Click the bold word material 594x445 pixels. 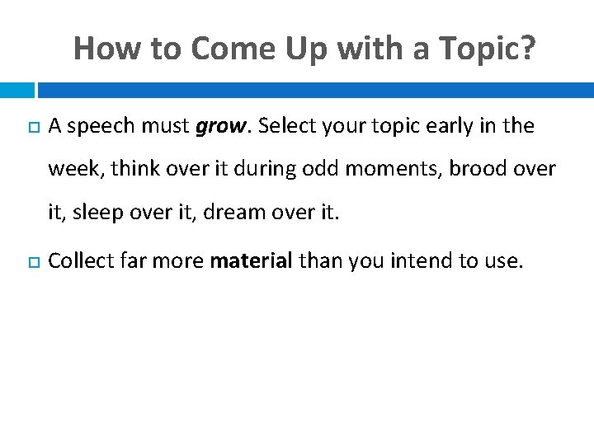click(252, 262)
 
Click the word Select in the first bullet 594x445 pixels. click(285, 127)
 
